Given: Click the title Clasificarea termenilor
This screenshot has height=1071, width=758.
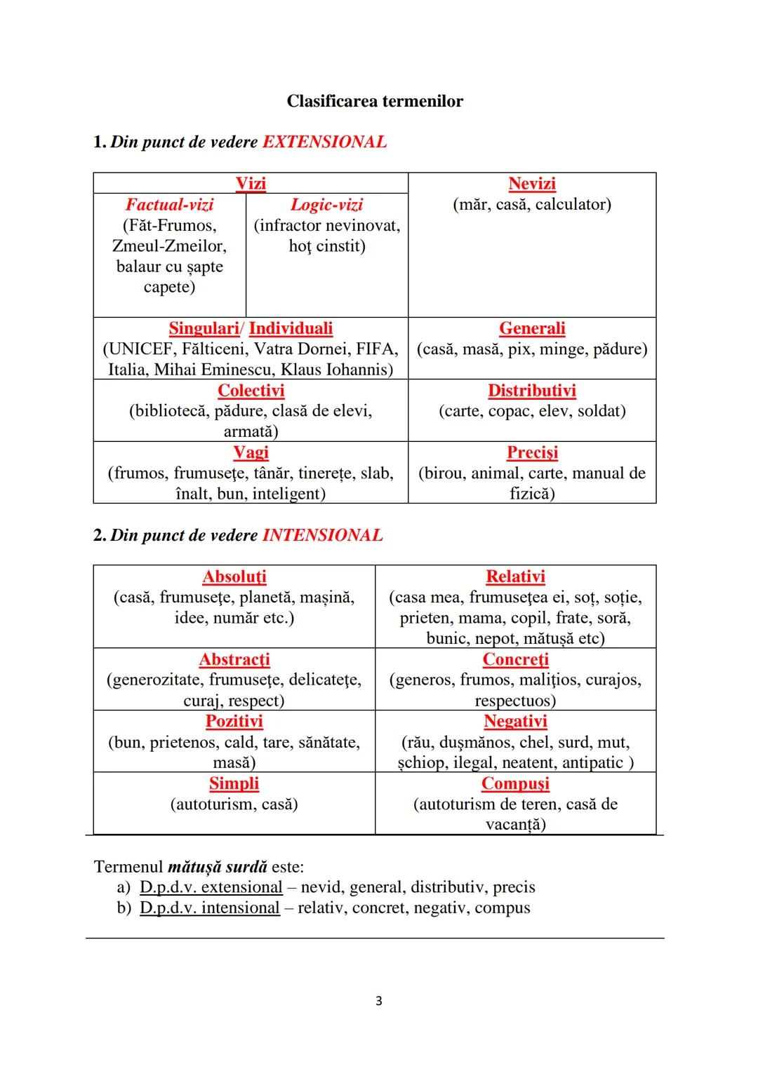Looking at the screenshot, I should click(x=375, y=101).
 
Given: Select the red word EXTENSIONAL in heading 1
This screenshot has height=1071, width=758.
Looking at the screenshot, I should click(x=324, y=142).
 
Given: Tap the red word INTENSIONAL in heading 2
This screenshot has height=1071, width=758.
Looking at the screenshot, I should click(x=323, y=535).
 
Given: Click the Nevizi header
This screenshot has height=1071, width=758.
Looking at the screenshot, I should click(x=532, y=184).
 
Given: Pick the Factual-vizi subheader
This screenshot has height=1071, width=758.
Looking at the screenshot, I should click(x=169, y=205).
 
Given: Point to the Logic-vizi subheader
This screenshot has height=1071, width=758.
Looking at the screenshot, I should click(x=327, y=205).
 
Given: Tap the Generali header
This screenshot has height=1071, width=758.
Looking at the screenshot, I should click(x=532, y=328).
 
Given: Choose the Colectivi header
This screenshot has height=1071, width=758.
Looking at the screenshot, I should click(x=251, y=391).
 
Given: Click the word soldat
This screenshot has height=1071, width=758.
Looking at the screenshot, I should click(x=598, y=411).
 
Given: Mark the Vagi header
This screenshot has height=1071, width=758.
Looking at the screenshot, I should click(x=251, y=452).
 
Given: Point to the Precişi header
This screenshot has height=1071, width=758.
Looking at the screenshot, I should click(x=532, y=452).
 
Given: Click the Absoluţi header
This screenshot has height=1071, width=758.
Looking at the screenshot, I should click(x=234, y=577).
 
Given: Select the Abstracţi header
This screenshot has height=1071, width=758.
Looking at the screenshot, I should click(x=234, y=659).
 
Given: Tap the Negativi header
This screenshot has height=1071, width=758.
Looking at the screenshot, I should click(x=515, y=721).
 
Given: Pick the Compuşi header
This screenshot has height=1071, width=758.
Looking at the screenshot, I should click(x=515, y=783).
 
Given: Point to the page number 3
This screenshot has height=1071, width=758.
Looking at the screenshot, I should click(x=379, y=1001).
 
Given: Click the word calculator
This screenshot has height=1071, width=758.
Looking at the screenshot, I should click(x=570, y=205).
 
